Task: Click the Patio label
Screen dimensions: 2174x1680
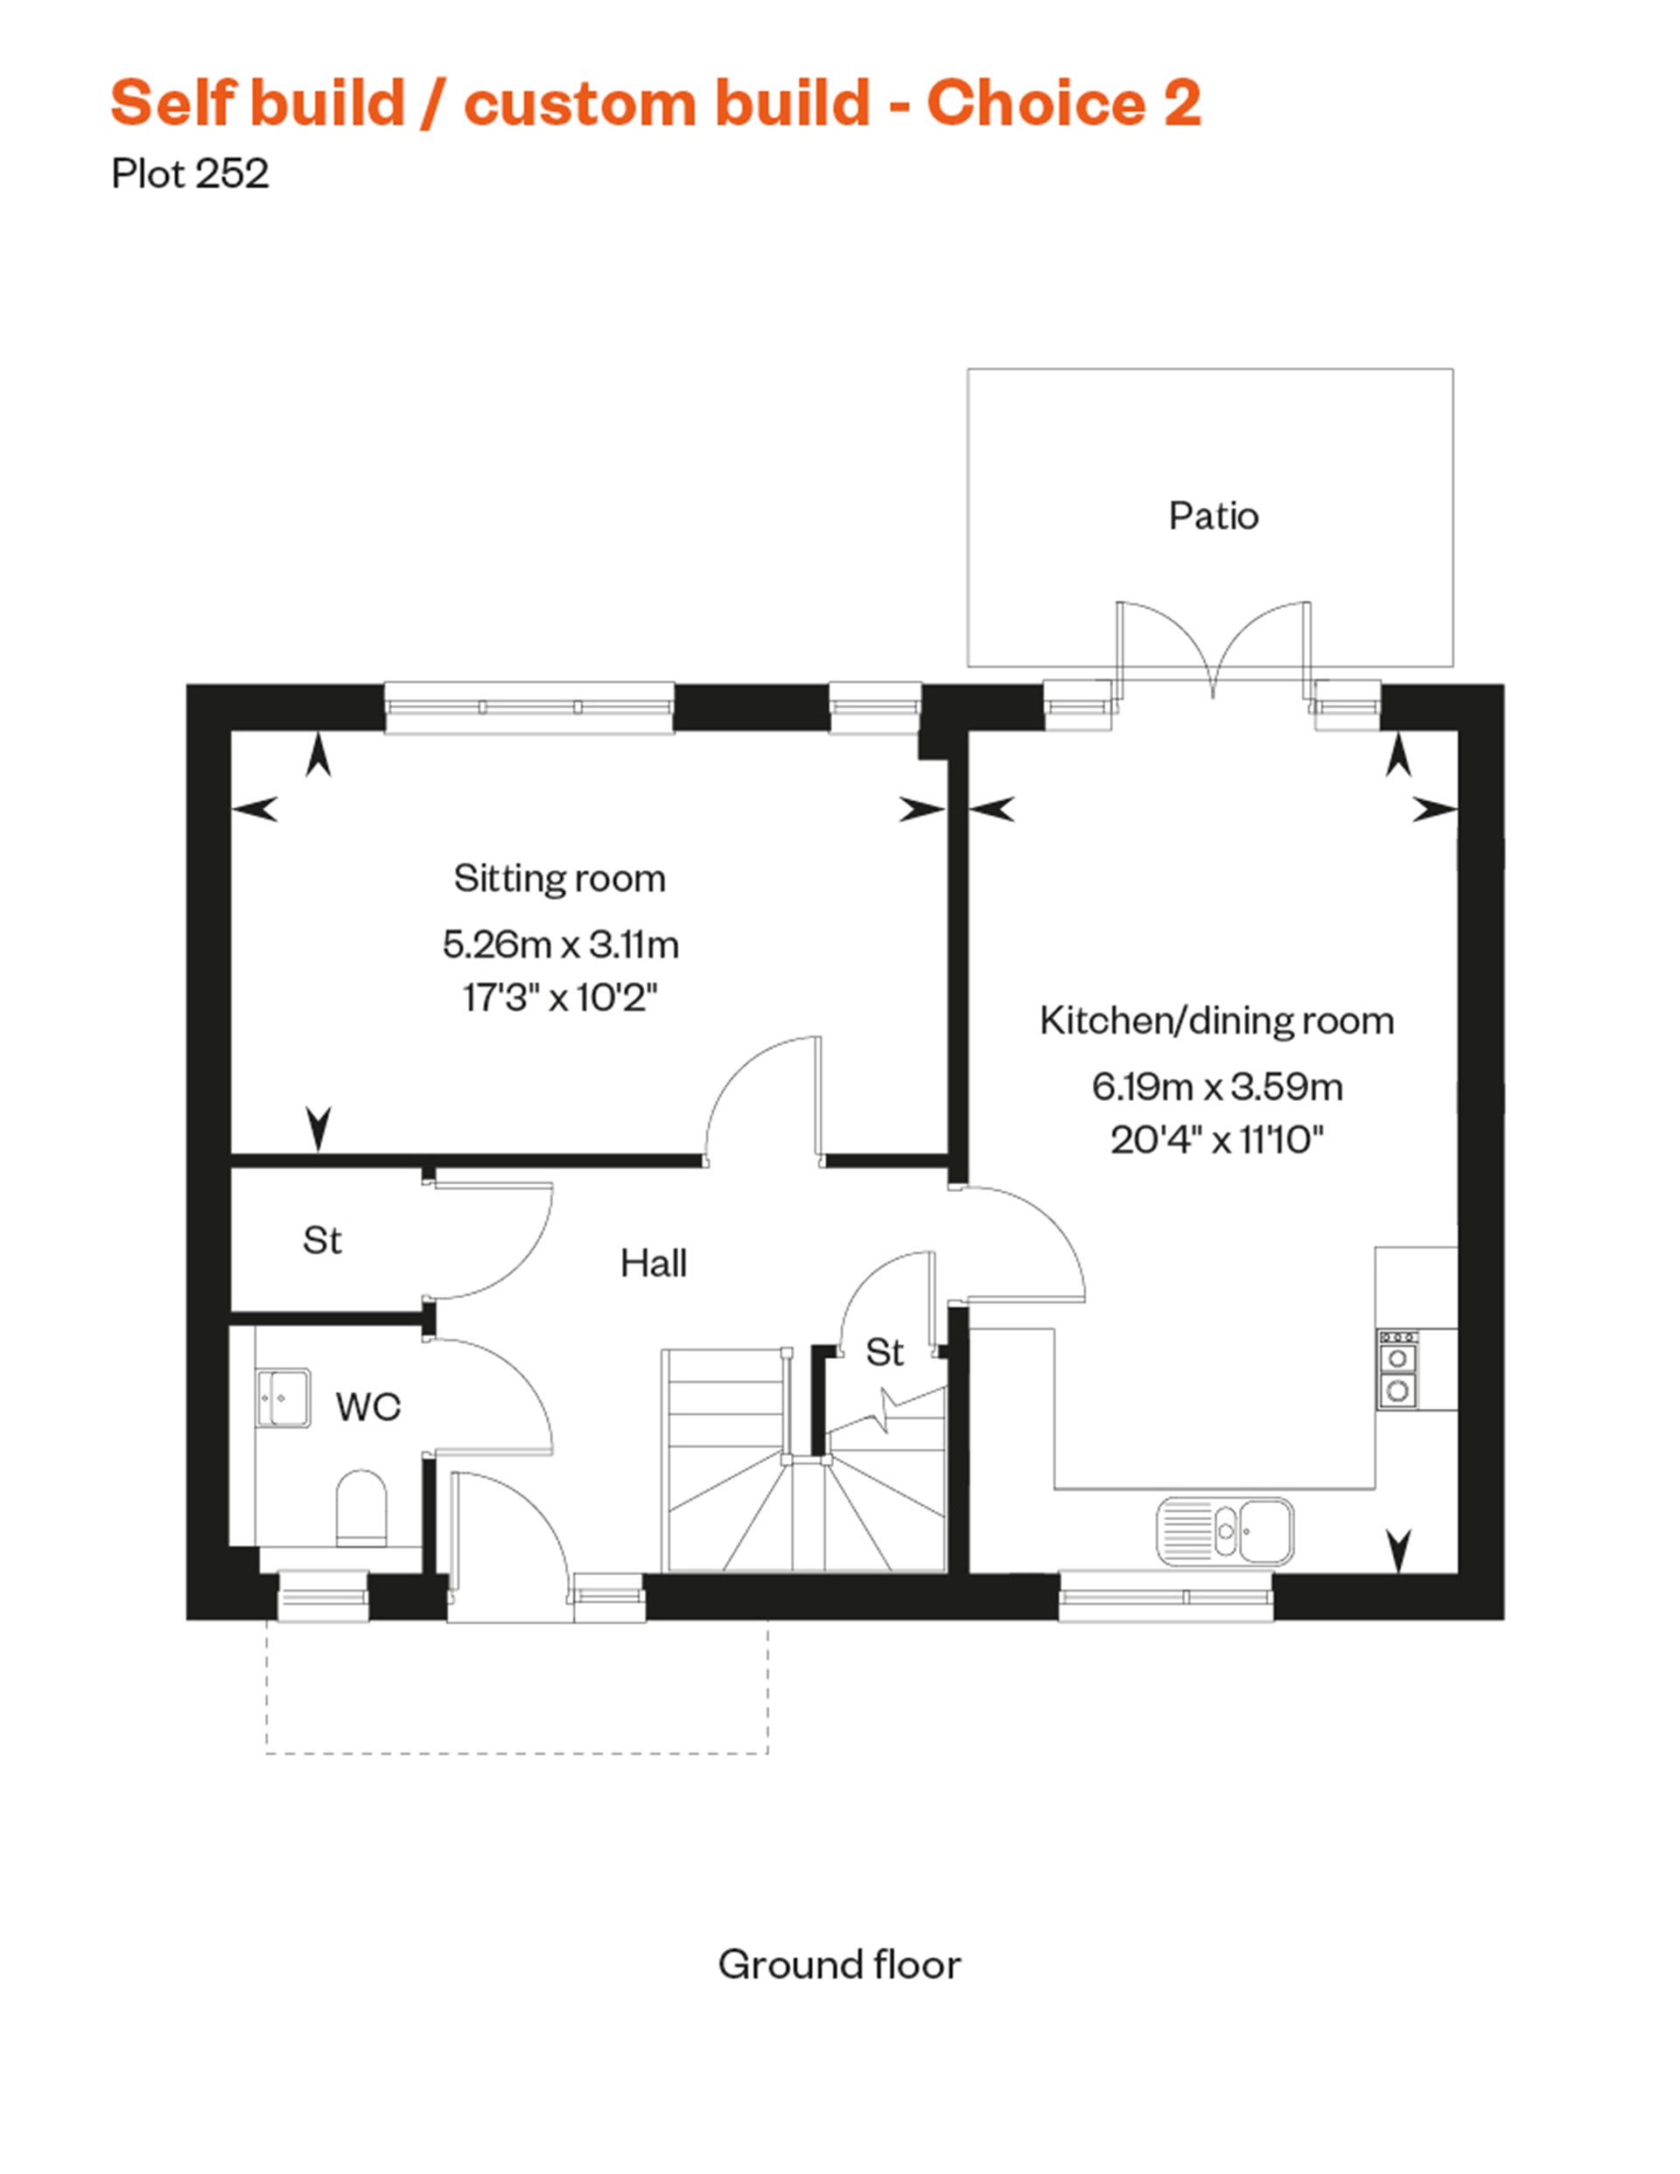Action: [x=1213, y=516]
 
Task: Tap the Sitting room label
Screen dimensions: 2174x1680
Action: [x=560, y=878]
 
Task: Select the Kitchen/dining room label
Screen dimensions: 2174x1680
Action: [x=1216, y=1021]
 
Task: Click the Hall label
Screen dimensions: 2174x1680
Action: [x=654, y=1263]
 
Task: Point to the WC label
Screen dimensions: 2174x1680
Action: [x=367, y=1406]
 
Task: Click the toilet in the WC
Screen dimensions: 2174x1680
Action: [x=360, y=1507]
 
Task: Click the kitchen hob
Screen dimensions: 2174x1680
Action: [x=1397, y=1369]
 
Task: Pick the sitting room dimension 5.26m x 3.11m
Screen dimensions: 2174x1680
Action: [x=561, y=944]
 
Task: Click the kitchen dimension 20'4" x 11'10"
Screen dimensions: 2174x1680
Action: [x=1217, y=1139]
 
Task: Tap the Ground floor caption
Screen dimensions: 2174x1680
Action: [x=839, y=1964]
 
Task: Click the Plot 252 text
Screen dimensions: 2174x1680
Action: [x=190, y=174]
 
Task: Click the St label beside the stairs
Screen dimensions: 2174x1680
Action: [x=885, y=1352]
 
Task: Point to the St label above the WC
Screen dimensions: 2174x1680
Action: [x=322, y=1240]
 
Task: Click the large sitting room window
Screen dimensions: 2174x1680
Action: [x=528, y=707]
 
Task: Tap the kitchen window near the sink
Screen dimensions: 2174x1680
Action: [x=1165, y=1597]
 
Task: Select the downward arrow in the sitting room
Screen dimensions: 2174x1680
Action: [x=318, y=1128]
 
